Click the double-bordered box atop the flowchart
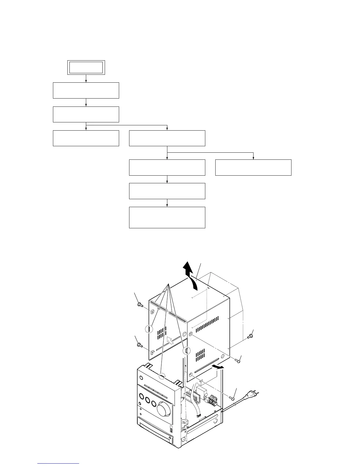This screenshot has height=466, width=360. tap(86, 67)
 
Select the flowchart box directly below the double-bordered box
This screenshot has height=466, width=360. tap(86, 90)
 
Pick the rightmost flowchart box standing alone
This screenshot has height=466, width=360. tap(253, 167)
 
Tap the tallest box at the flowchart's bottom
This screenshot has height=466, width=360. tap(167, 217)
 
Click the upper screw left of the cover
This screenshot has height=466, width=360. tap(140, 305)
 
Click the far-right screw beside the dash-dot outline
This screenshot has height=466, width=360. tap(250, 336)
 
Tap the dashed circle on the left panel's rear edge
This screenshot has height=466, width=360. tap(149, 329)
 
